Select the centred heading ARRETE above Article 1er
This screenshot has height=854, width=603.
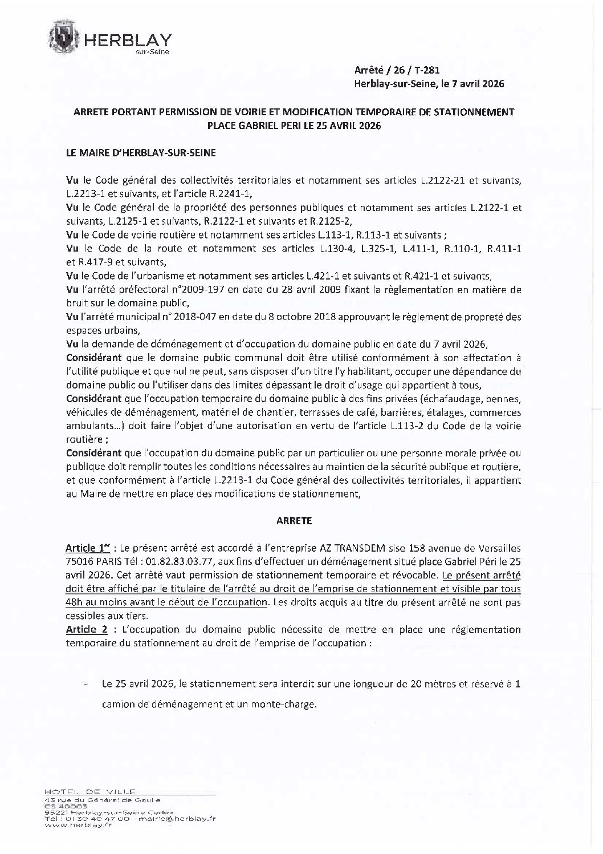coord(294,521)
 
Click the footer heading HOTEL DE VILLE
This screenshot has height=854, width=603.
coord(90,791)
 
